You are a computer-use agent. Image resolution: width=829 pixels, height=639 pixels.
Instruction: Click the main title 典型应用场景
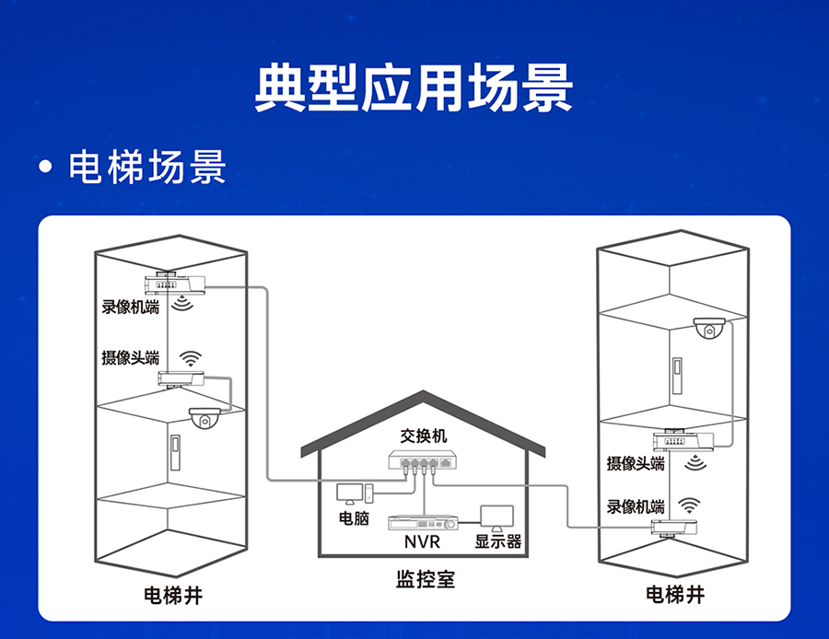[x=414, y=88]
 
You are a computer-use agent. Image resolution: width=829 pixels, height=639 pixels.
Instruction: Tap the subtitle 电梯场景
[x=146, y=168]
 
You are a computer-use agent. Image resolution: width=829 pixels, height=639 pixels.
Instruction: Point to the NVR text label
[x=423, y=542]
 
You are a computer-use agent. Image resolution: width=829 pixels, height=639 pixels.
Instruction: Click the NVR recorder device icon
[x=423, y=521]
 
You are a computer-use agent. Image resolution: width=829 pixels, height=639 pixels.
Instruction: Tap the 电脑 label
[x=355, y=518]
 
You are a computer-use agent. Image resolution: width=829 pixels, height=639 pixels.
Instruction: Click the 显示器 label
[x=498, y=541]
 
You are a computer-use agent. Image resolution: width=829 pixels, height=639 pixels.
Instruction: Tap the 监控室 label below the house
[x=425, y=580]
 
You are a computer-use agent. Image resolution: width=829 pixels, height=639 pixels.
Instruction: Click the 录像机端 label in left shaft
[x=130, y=307]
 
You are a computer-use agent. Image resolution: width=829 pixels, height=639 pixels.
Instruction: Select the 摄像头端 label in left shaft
[x=130, y=357]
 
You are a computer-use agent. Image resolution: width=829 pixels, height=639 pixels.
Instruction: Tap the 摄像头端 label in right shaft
[x=636, y=463]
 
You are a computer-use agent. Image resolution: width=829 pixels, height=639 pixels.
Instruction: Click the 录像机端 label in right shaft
[x=636, y=506]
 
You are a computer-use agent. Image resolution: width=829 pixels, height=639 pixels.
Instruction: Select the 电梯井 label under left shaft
[x=173, y=594]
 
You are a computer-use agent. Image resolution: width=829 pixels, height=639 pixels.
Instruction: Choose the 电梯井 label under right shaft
[x=675, y=594]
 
